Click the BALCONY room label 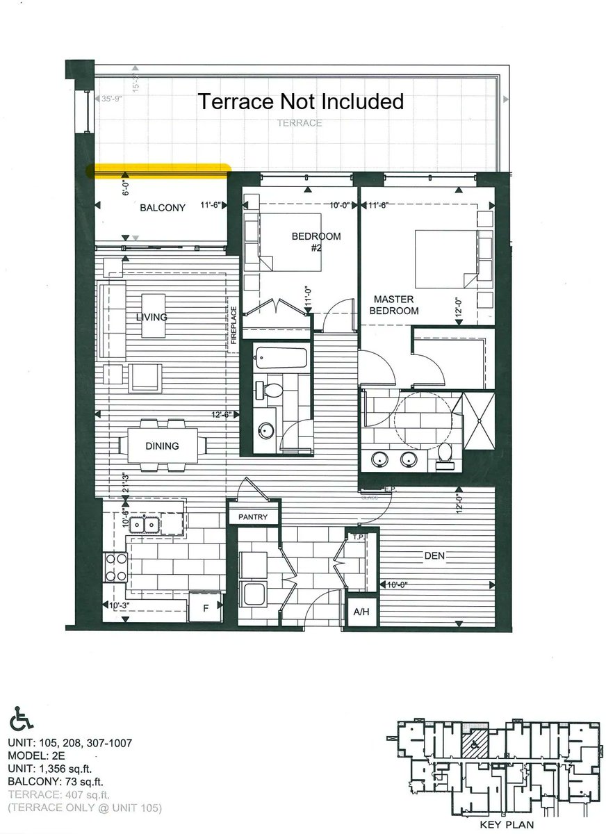pyautogui.click(x=163, y=208)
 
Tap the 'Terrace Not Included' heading pyautogui.click(x=301, y=101)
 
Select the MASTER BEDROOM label pyautogui.click(x=393, y=305)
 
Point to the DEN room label pyautogui.click(x=434, y=556)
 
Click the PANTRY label pyautogui.click(x=253, y=518)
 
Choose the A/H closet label pyautogui.click(x=361, y=612)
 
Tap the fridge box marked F pyautogui.click(x=206, y=609)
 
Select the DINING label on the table pyautogui.click(x=162, y=446)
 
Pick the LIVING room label pyautogui.click(x=151, y=317)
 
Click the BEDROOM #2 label pyautogui.click(x=316, y=241)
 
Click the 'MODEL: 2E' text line pyautogui.click(x=38, y=755)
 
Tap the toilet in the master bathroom pyautogui.click(x=445, y=452)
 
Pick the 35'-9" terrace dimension pyautogui.click(x=112, y=99)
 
